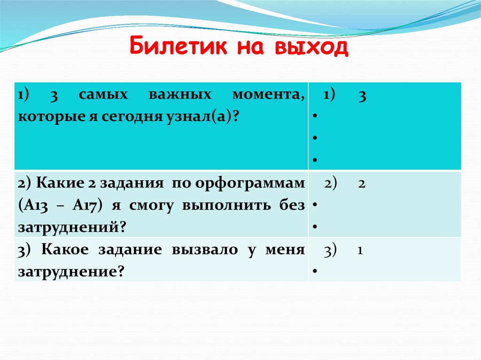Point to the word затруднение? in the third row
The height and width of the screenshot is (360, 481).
point(70,272)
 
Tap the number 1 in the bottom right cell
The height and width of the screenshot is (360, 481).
point(359,251)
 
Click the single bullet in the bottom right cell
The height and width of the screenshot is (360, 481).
point(313,271)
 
